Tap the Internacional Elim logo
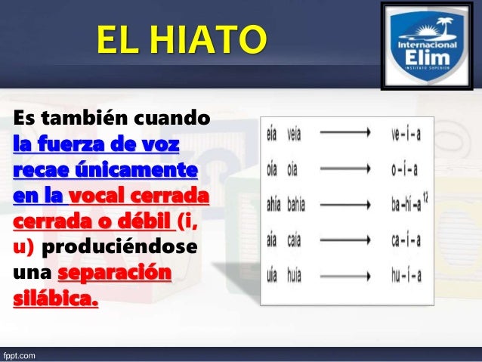click(x=428, y=48)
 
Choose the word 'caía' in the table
click(x=295, y=240)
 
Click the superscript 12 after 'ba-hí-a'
click(x=425, y=197)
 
